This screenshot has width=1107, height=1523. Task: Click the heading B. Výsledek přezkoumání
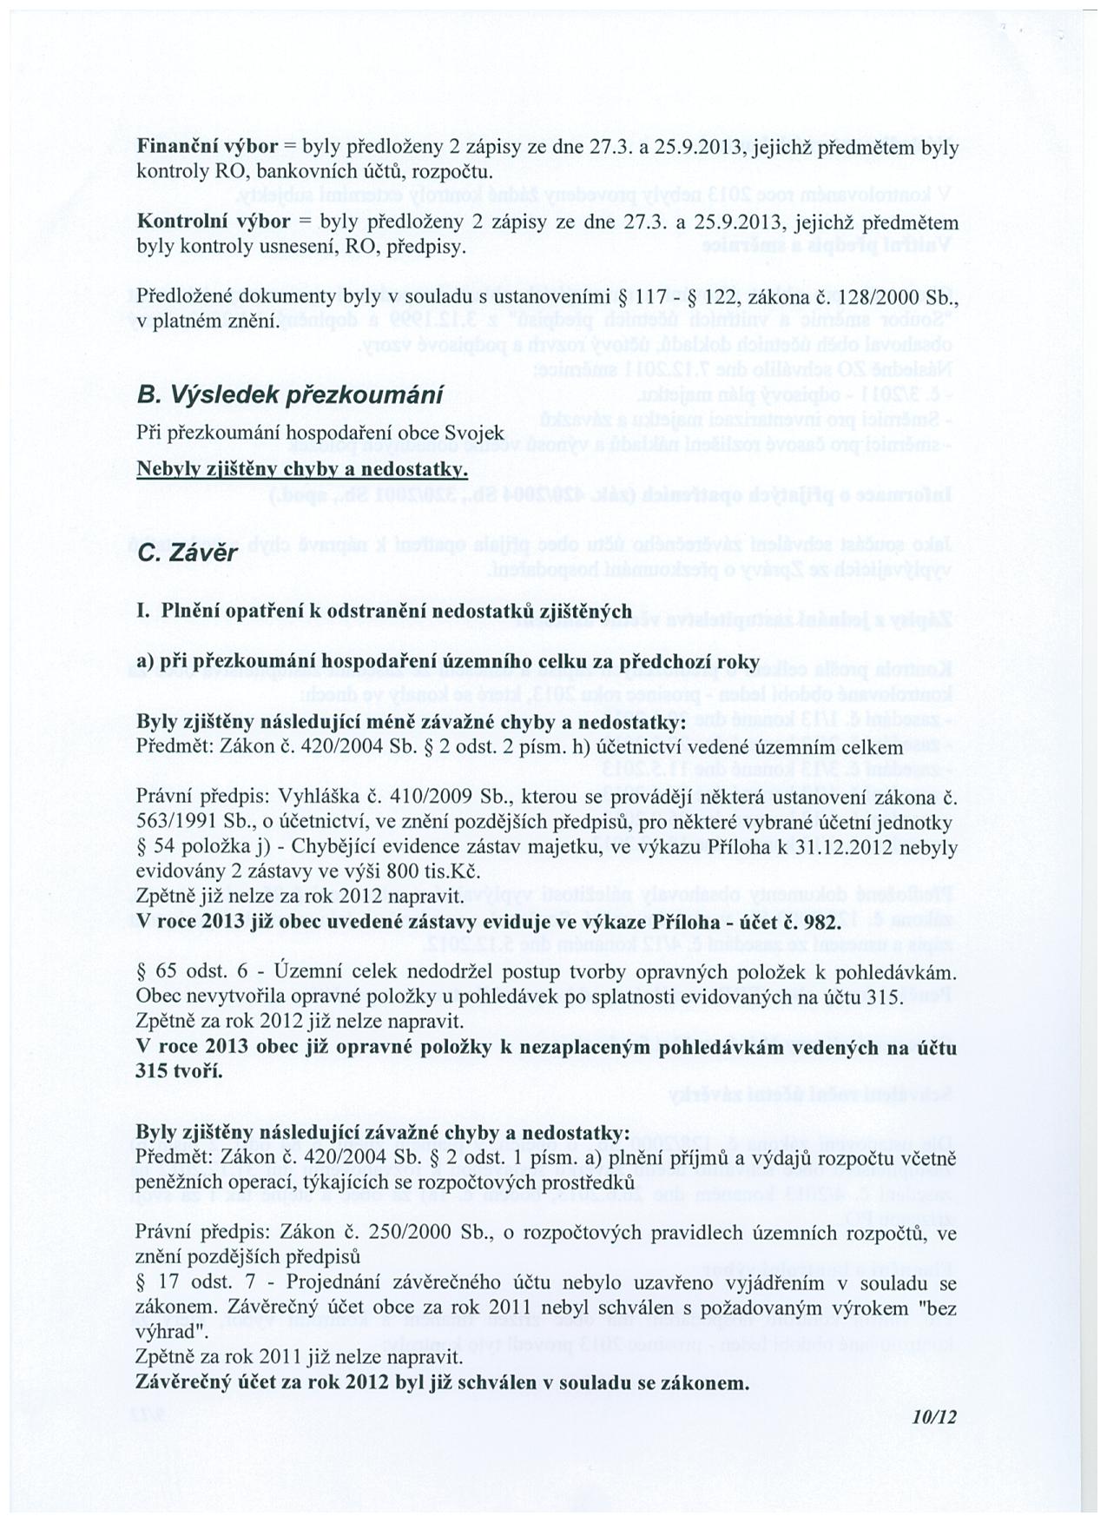(290, 394)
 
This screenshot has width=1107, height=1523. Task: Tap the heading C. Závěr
(186, 552)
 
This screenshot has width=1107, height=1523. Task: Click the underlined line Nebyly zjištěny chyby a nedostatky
(302, 470)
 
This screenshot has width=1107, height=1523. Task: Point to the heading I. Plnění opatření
(260, 611)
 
